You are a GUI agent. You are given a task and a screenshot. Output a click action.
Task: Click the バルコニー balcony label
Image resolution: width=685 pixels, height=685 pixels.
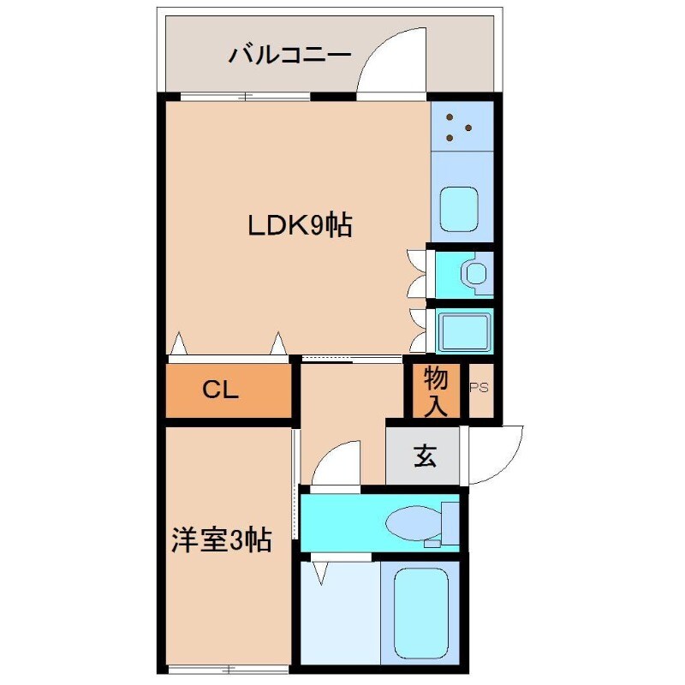tap(289, 56)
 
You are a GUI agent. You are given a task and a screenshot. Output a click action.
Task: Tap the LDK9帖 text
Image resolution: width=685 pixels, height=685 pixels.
tap(300, 226)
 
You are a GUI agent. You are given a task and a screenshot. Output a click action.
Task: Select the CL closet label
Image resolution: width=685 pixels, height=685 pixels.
tap(220, 390)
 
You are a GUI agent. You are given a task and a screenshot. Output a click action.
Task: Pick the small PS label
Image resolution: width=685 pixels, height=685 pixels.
tap(479, 387)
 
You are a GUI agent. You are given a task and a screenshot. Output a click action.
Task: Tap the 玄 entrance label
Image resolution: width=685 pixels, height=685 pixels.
tap(424, 456)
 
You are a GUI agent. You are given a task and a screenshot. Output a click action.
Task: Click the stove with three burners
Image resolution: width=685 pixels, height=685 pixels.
tap(462, 125)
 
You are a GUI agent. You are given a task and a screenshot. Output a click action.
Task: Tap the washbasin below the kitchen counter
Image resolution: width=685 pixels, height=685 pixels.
tap(474, 273)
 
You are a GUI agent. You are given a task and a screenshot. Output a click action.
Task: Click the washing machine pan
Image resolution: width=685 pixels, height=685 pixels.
tap(463, 331)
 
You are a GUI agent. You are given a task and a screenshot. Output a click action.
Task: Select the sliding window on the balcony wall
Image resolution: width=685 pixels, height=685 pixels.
tap(245, 96)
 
